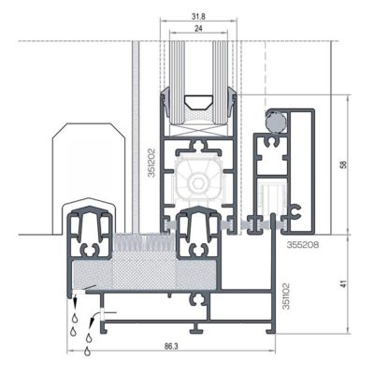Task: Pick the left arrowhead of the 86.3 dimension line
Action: tap(72, 353)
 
